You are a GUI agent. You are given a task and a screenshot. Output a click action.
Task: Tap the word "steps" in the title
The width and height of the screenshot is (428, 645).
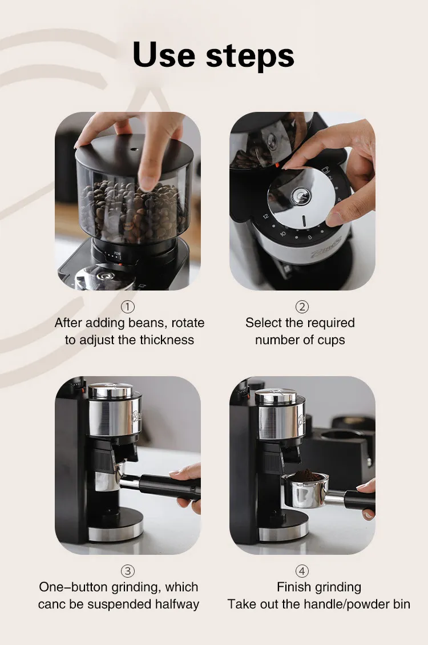[250, 57]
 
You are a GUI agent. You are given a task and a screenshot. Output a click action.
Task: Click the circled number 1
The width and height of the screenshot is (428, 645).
[128, 307]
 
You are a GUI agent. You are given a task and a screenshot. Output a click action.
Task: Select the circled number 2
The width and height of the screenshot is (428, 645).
[302, 307]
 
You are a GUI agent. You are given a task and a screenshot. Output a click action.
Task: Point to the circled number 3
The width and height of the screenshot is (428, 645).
[128, 571]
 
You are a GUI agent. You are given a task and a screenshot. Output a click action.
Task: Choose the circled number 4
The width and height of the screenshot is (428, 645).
[302, 571]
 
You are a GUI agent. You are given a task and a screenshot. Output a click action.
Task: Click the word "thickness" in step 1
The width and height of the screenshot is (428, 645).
[167, 340]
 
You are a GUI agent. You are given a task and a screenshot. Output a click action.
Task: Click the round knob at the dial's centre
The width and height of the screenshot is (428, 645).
[301, 196]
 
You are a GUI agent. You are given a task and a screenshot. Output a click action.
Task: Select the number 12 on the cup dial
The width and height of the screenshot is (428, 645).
[265, 216]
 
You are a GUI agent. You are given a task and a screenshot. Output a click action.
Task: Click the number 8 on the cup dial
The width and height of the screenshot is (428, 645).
[310, 237]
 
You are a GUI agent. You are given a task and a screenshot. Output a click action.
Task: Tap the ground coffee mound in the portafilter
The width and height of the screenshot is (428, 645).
[306, 477]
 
